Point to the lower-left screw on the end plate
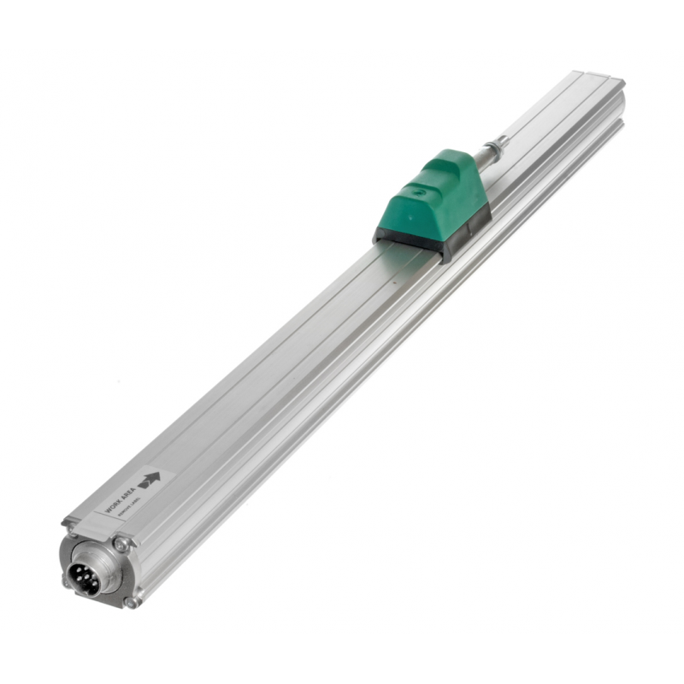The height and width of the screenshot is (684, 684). click(68, 581)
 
